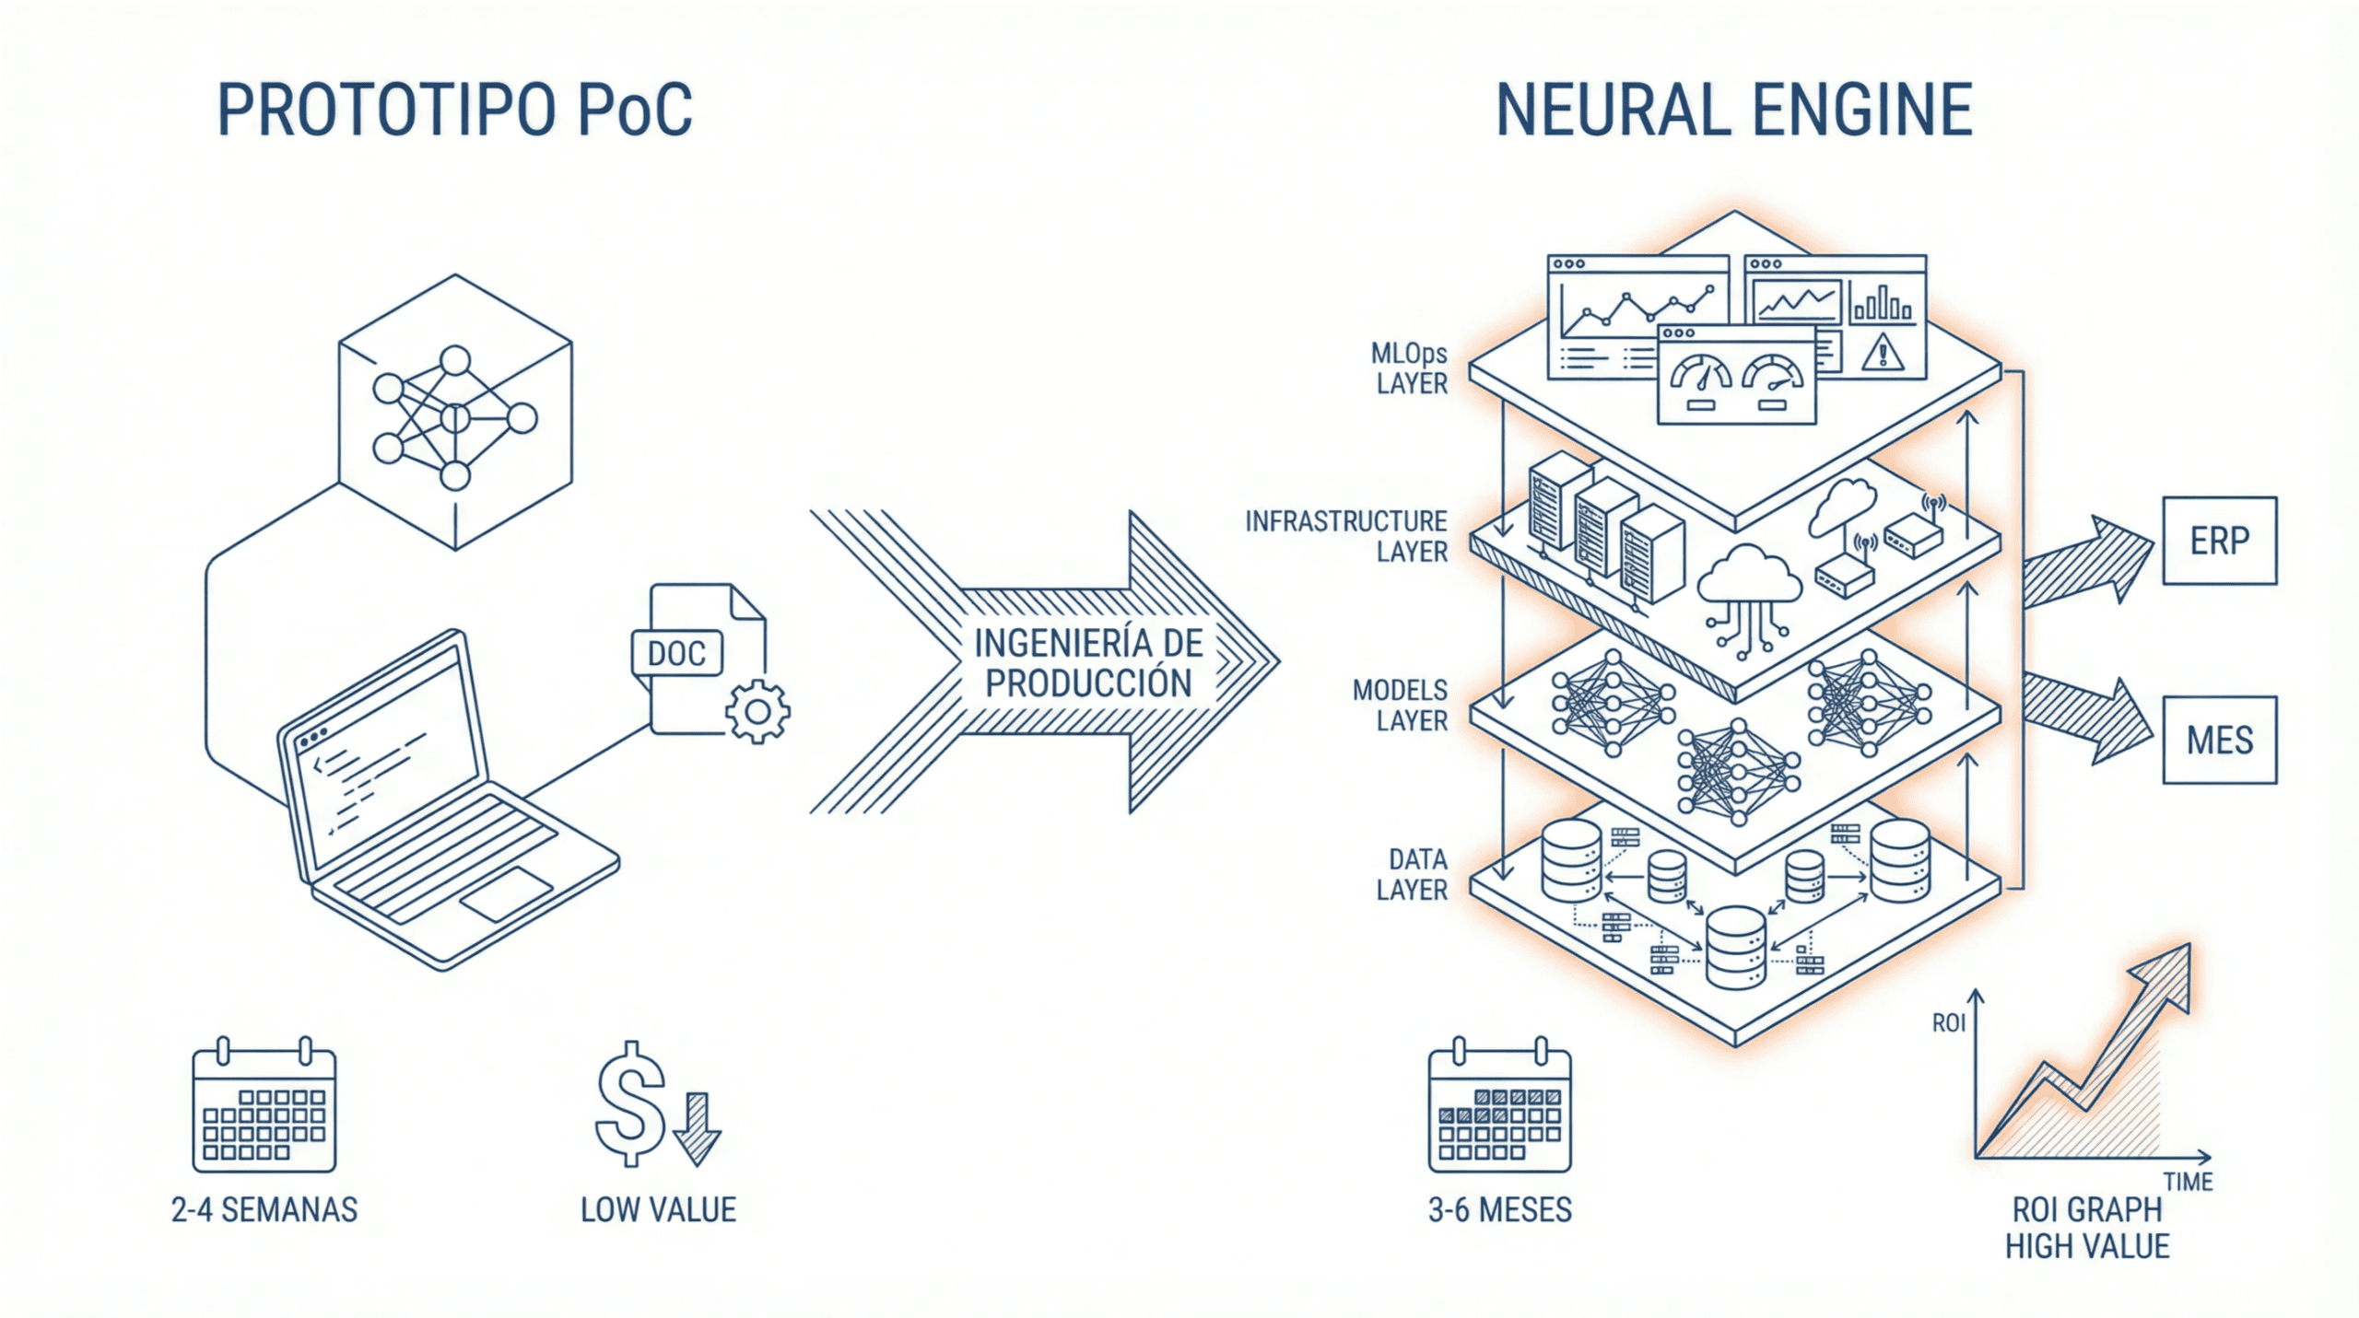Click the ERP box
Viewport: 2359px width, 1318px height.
coord(2219,541)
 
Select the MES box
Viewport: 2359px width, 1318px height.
coord(2219,740)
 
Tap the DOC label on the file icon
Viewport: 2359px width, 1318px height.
coord(676,653)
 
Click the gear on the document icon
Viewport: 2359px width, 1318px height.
coord(757,711)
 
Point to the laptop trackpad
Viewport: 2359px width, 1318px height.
coord(506,892)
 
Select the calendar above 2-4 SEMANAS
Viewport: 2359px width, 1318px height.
coord(264,1110)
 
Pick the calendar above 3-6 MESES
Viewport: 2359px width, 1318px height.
coord(1499,1110)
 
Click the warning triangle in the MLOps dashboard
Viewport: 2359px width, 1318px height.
coord(1882,352)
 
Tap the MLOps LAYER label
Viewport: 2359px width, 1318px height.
coord(1410,368)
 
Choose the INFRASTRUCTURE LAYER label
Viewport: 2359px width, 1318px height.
coord(1346,536)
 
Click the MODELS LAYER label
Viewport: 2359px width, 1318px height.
coord(1400,705)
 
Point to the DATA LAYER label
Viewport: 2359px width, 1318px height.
coord(1412,874)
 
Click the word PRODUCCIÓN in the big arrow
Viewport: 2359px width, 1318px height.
coord(1088,683)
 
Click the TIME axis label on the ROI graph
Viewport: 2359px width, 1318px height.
coord(2188,1182)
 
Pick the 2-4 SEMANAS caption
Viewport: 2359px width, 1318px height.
coord(264,1209)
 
